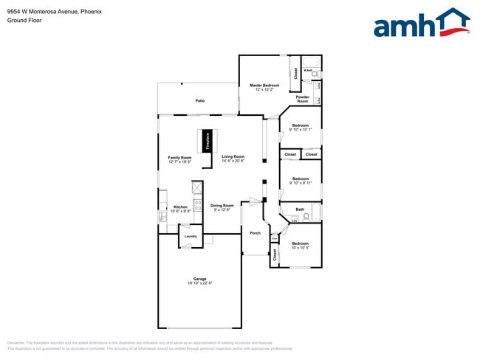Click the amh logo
click(421, 24)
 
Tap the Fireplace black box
click(208, 139)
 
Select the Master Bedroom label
click(264, 86)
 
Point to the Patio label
click(199, 100)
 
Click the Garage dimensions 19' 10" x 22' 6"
click(199, 283)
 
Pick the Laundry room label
click(190, 236)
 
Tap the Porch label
click(256, 233)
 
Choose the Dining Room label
click(222, 206)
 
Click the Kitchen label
click(180, 207)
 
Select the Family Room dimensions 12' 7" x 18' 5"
click(179, 162)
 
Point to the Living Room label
click(233, 156)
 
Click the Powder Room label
click(303, 99)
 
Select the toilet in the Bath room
click(306, 217)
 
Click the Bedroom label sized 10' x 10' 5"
click(300, 243)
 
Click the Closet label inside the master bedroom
click(295, 73)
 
